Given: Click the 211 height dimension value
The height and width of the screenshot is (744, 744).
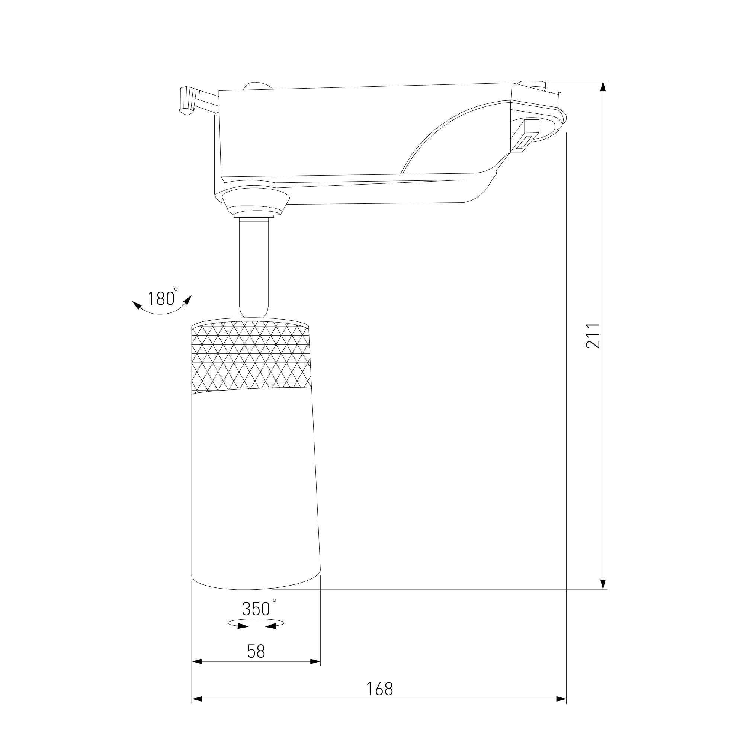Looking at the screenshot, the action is [593, 336].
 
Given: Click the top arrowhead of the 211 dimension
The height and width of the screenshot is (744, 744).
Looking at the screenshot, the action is [603, 87].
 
